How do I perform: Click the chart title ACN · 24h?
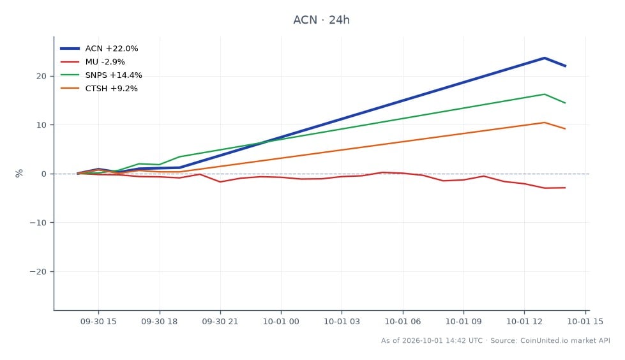321,20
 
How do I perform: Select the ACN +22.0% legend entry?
99,49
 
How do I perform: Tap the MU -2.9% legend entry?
93,62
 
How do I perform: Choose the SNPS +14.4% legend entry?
102,75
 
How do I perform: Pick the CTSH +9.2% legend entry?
99,89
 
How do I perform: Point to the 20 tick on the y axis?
41,76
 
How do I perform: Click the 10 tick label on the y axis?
41,125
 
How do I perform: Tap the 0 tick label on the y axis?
44,174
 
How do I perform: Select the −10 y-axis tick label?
38,223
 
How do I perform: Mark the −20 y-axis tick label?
38,271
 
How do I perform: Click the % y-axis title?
19,174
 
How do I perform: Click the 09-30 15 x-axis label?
98,321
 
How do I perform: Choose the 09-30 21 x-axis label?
220,321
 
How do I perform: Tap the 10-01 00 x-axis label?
281,321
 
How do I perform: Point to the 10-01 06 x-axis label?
403,321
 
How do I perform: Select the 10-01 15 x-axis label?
585,321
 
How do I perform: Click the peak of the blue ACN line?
545,58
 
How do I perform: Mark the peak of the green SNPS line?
545,94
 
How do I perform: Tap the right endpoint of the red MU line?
565,188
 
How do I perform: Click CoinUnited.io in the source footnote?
545,340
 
